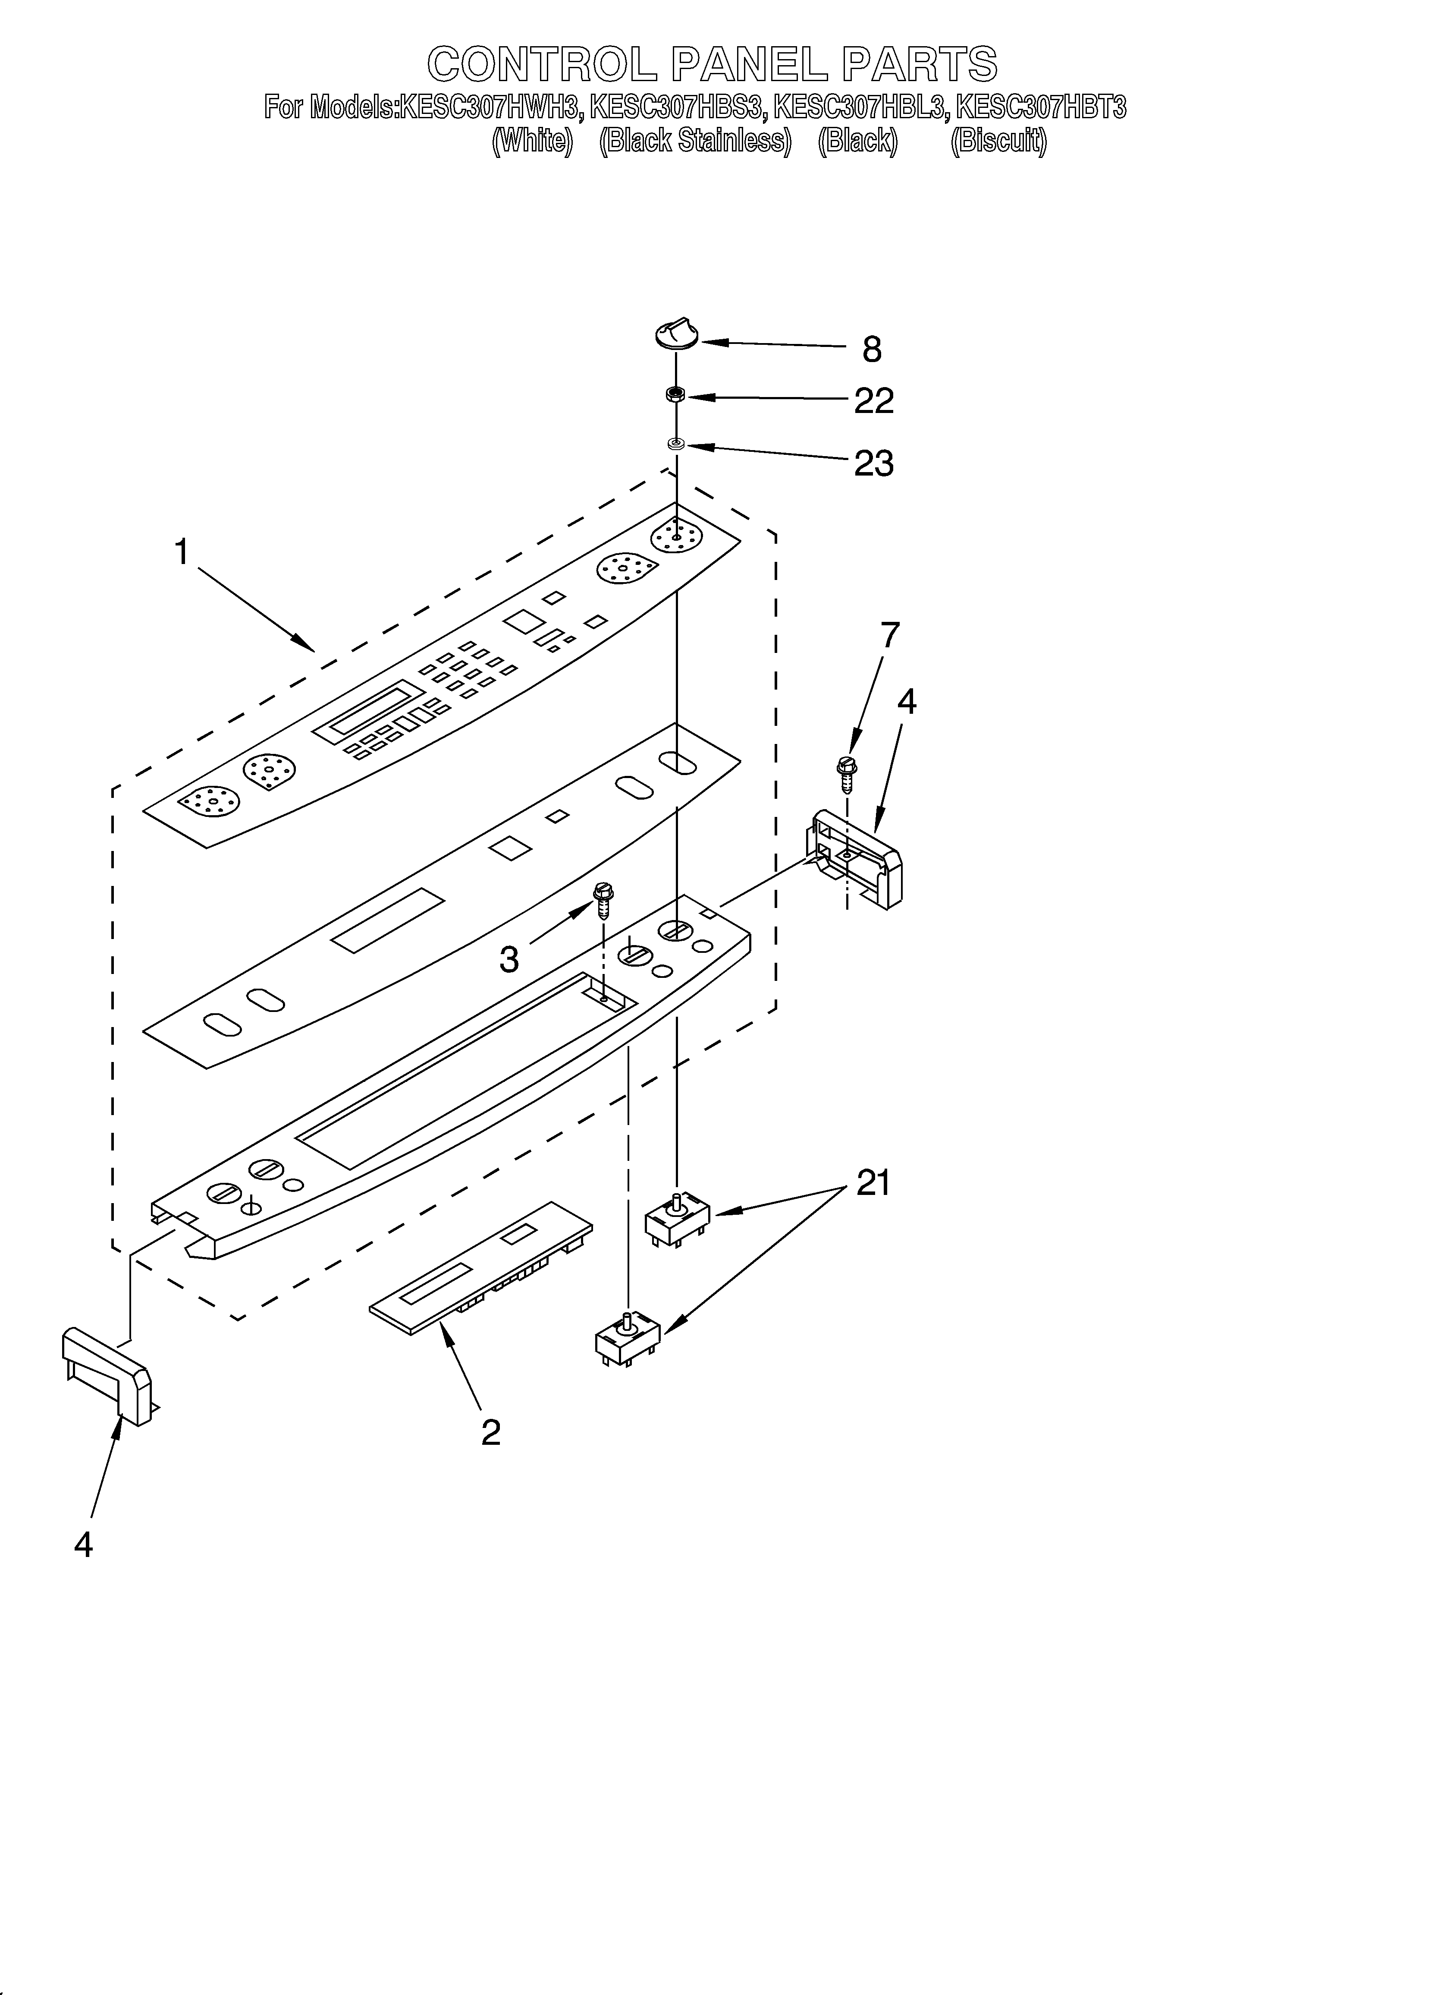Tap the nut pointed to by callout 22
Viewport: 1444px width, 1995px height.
point(675,396)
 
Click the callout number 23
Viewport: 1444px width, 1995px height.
point(873,463)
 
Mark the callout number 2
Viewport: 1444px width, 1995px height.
point(491,1432)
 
